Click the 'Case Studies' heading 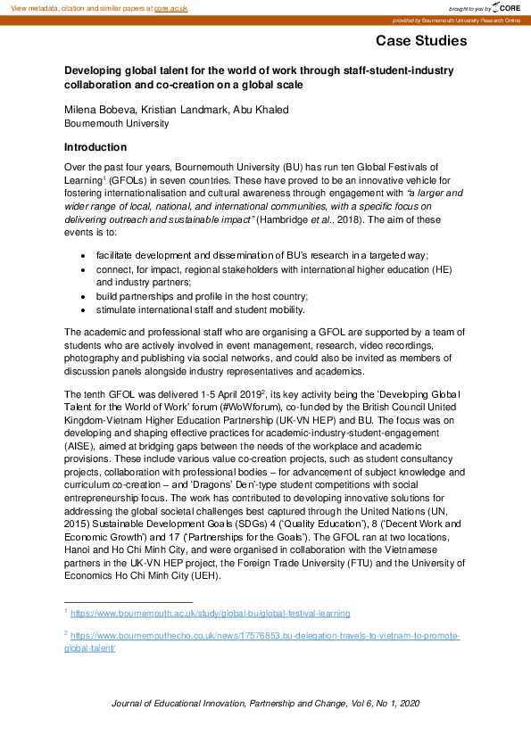420,41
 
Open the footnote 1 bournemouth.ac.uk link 210,614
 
